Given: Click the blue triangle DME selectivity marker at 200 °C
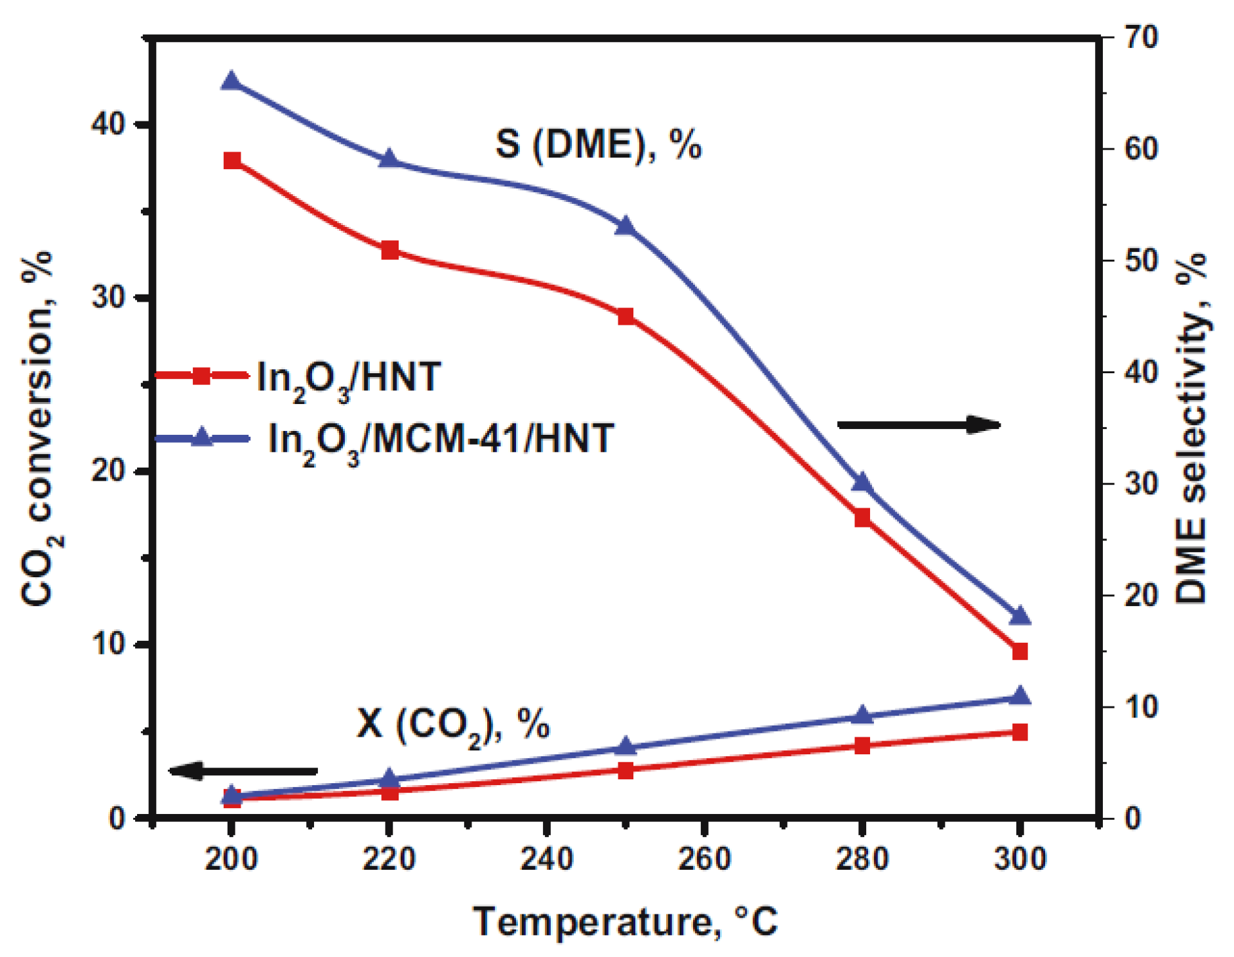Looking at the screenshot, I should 231,82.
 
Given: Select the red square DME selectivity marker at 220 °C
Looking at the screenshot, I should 389,250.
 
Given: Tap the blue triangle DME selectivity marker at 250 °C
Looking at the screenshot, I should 626,226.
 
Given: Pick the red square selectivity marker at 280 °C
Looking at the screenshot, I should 862,518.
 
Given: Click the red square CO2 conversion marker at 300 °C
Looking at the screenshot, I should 1020,732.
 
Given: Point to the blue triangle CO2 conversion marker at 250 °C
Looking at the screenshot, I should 626,747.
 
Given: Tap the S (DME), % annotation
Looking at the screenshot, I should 598,144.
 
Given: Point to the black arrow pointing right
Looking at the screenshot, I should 919,425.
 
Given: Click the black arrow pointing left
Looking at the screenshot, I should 243,771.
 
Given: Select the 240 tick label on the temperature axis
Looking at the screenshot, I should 546,859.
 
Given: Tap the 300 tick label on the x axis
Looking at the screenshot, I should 1020,859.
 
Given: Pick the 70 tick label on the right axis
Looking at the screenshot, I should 1141,37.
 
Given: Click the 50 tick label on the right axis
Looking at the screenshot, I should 1141,260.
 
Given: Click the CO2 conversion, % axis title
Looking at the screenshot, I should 38,430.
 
